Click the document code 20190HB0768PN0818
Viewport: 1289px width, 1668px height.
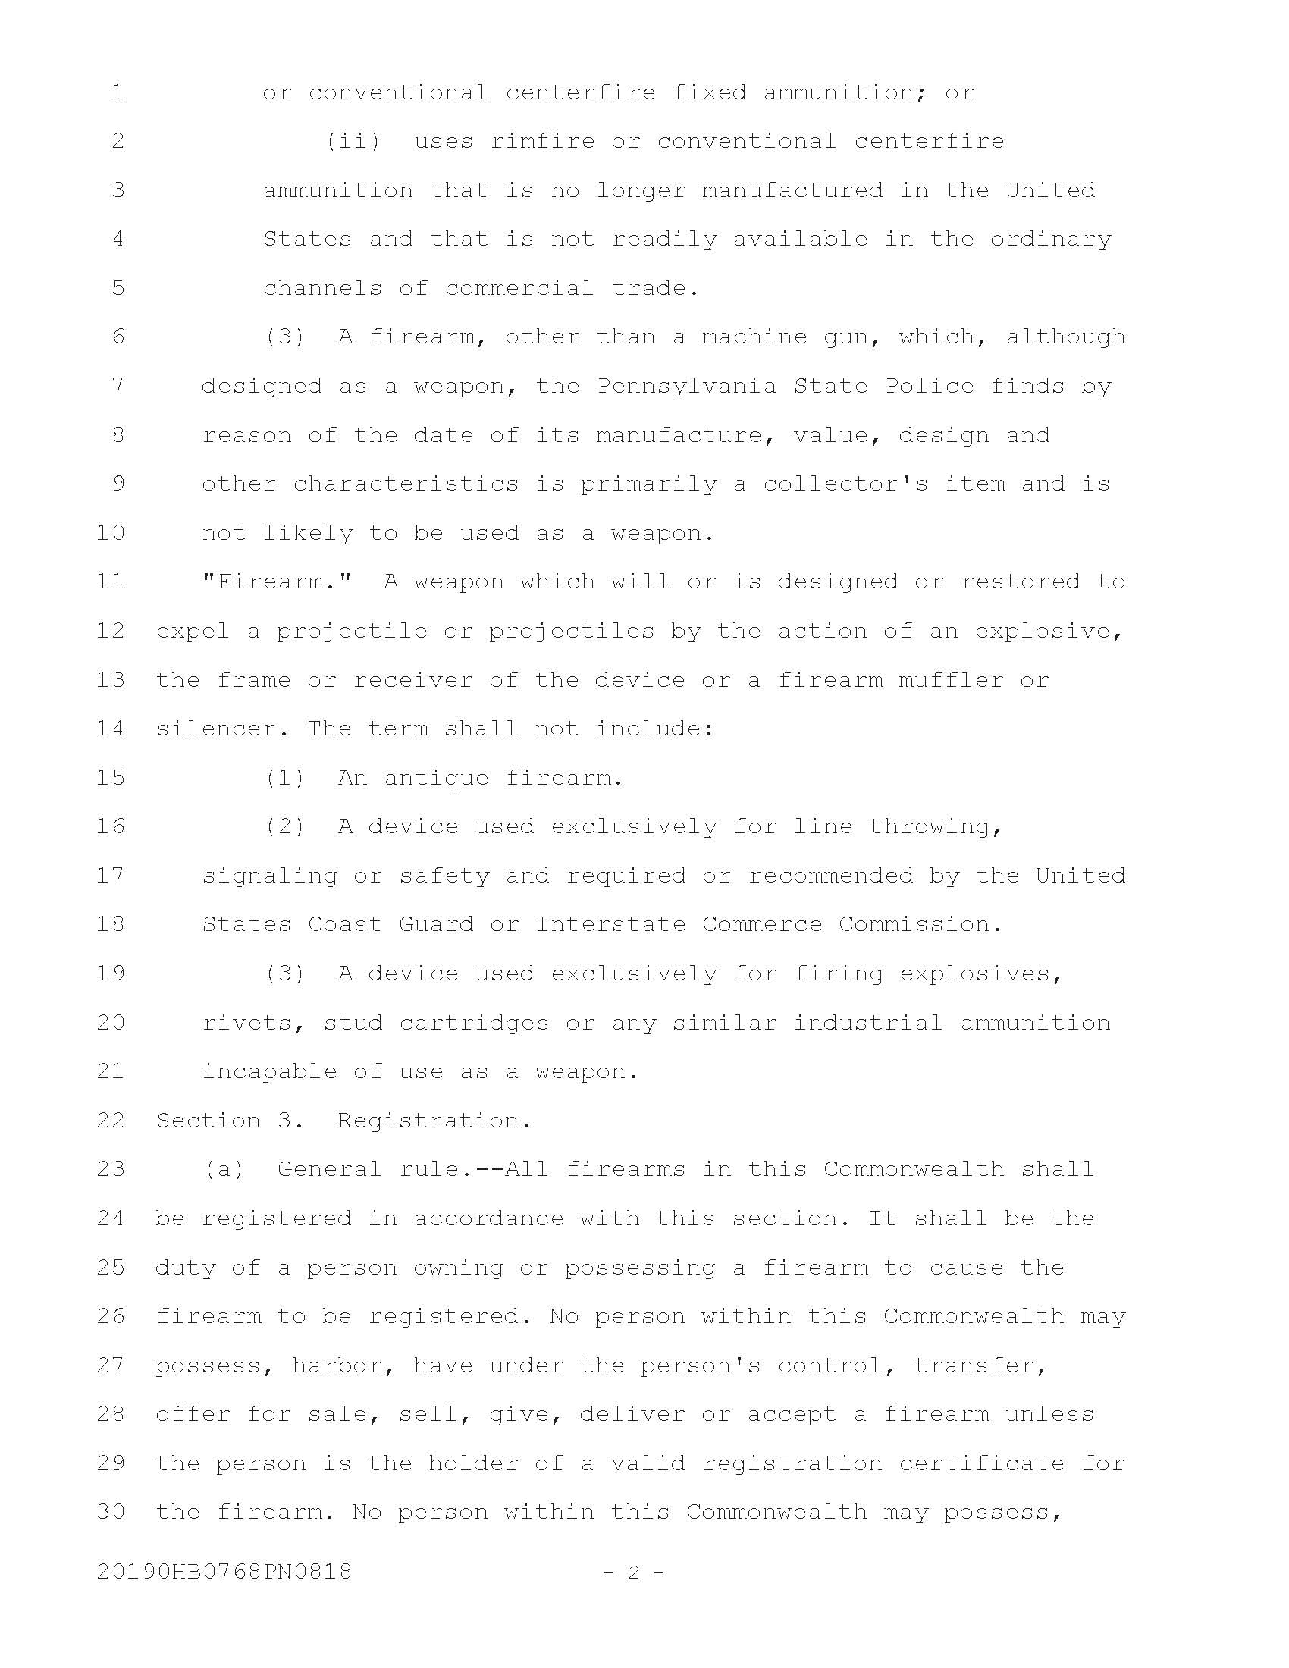pos(224,1571)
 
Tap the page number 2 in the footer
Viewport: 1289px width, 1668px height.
pos(633,1571)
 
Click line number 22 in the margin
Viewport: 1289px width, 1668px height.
pos(111,1120)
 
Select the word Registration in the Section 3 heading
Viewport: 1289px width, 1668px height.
pos(434,1120)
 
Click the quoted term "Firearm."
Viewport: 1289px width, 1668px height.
pos(278,582)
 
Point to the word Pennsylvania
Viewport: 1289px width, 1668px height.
pos(686,386)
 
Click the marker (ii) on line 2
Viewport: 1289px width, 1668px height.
pos(353,141)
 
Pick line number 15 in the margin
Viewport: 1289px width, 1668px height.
pos(111,777)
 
